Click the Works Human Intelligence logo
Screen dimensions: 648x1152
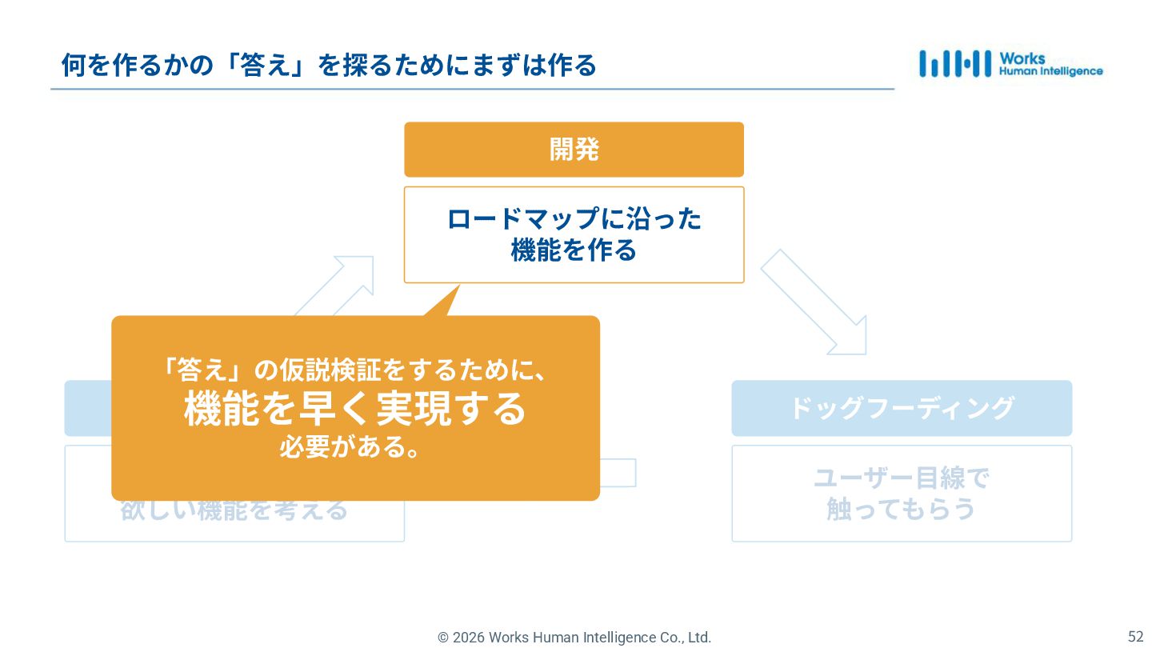(1010, 64)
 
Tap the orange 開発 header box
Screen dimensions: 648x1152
(574, 150)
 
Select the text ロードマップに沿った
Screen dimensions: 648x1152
(574, 219)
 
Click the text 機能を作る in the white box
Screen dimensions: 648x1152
(574, 250)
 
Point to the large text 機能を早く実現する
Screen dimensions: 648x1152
(355, 409)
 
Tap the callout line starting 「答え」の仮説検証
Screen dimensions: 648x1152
(355, 370)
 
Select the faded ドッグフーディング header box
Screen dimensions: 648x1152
(902, 408)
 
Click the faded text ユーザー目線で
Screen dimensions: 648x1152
(902, 478)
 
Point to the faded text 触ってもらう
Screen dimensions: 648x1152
(902, 510)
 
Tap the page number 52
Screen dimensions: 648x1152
(1135, 637)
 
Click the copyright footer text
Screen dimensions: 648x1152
(574, 638)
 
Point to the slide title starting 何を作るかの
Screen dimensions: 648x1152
(329, 66)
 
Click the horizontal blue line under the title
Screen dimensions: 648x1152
(472, 89)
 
